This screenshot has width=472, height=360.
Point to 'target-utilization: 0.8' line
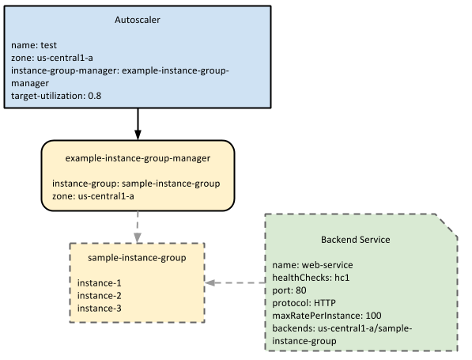[57, 96]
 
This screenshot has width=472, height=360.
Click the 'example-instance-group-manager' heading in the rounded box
[138, 157]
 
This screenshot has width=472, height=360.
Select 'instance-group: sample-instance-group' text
[136, 183]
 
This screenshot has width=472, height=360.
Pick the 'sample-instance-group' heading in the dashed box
[138, 258]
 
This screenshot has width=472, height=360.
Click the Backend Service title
[355, 239]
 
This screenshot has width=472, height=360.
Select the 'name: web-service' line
[312, 264]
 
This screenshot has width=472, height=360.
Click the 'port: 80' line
[289, 290]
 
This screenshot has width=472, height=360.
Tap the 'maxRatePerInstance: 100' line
[327, 315]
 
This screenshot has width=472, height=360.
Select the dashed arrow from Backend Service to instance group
[235, 282]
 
